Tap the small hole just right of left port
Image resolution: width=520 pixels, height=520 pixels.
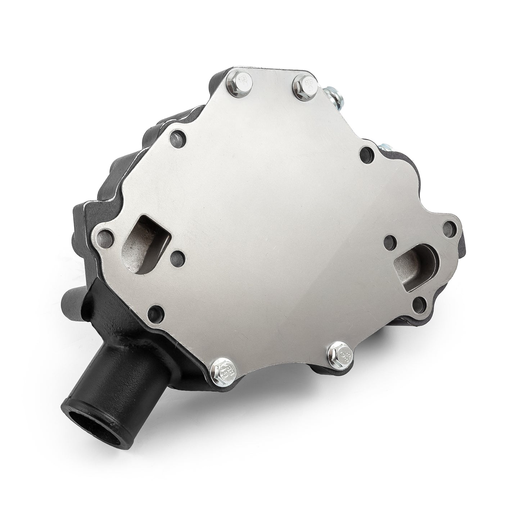[x=177, y=256]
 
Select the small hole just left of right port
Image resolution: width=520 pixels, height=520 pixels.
[x=389, y=241]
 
